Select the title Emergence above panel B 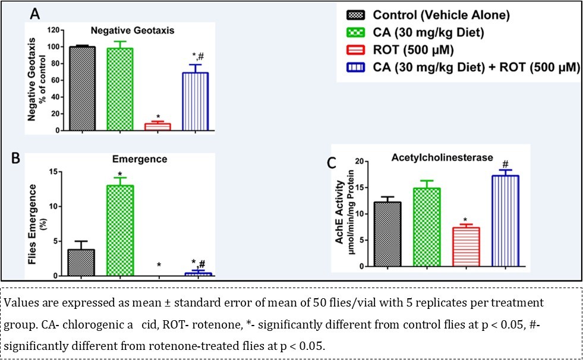coord(139,159)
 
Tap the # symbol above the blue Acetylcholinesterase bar coord(505,164)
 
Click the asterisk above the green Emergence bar coord(120,173)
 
